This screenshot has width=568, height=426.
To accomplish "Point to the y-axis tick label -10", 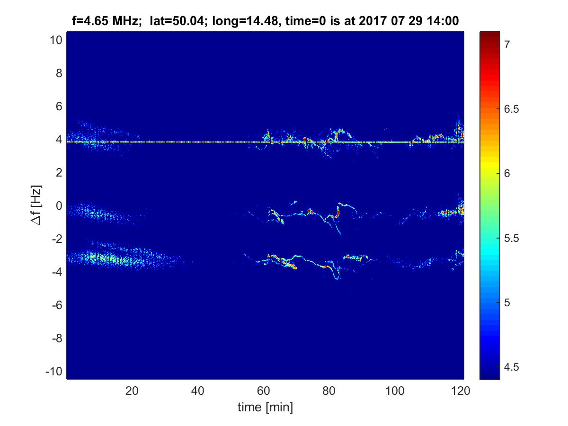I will (54, 372).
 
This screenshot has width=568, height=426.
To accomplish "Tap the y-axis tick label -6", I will (56, 305).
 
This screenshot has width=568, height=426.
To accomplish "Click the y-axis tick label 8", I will (59, 73).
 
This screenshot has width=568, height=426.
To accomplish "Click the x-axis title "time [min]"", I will (265, 407).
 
